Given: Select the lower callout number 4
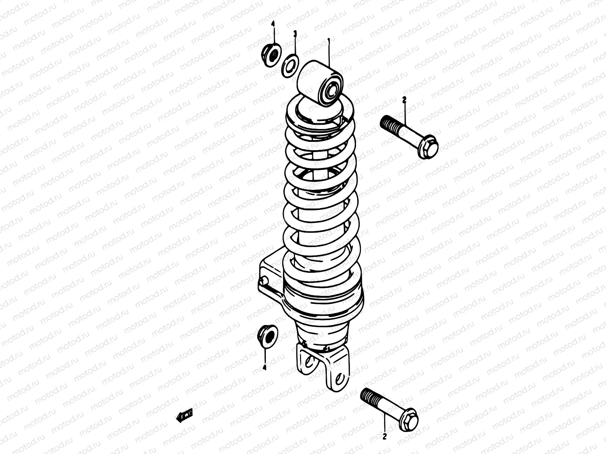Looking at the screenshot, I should coord(264,367).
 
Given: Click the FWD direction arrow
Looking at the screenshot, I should coord(185,415).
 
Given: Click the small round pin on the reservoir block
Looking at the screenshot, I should coord(264,281).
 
